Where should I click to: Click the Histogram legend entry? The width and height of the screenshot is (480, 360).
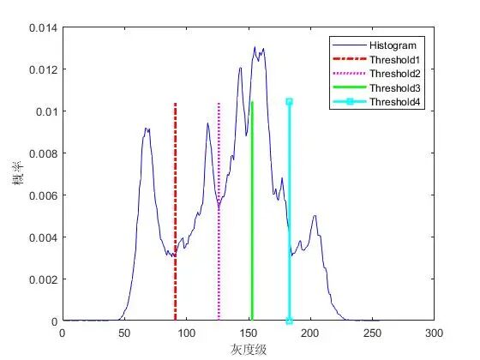[x=393, y=45]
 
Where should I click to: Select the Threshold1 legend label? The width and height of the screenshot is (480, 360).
[x=394, y=60]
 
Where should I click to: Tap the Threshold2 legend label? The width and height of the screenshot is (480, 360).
[x=395, y=74]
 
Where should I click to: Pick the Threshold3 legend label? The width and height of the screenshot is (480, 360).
[x=395, y=87]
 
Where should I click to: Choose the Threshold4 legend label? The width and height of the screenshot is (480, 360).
[x=395, y=102]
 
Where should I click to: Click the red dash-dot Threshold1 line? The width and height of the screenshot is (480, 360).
[x=175, y=212]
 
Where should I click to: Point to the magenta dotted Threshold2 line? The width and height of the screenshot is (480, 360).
[x=219, y=212]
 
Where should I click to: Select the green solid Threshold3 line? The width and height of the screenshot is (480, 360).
[x=252, y=211]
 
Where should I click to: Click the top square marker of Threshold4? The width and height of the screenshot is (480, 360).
[x=290, y=102]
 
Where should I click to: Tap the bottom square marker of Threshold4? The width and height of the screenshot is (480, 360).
[x=290, y=321]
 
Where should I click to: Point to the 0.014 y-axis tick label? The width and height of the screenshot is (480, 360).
[x=44, y=28]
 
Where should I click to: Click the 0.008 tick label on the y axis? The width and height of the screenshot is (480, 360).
[x=44, y=153]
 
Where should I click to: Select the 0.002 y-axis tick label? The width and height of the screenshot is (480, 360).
[x=44, y=279]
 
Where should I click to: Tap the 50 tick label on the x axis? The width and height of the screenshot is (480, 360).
[x=124, y=333]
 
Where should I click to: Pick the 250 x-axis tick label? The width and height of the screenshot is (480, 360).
[x=372, y=333]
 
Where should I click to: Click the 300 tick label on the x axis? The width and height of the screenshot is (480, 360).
[x=434, y=333]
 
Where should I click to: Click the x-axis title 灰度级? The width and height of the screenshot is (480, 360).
[x=249, y=350]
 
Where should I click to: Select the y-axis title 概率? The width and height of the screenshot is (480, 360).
[x=18, y=173]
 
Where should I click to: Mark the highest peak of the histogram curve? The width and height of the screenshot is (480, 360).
[x=255, y=47]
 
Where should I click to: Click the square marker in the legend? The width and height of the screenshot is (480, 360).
[x=350, y=102]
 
